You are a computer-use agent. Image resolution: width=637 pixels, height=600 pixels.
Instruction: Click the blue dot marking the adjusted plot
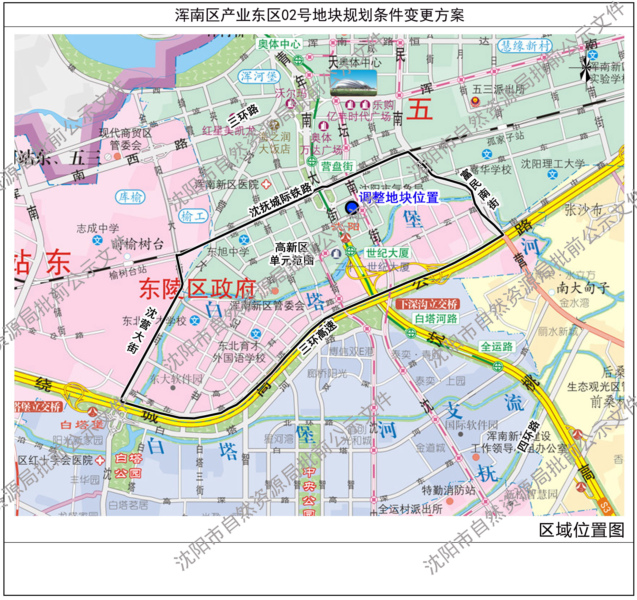(351, 208)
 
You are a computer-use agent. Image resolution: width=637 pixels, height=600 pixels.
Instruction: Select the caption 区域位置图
(581, 530)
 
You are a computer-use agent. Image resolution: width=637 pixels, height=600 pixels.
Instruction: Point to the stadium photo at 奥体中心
(353, 83)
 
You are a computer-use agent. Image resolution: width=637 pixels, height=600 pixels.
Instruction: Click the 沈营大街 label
(141, 330)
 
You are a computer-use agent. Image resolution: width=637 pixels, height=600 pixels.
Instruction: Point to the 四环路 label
(529, 437)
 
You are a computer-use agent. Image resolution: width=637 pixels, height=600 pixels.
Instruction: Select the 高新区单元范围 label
(291, 254)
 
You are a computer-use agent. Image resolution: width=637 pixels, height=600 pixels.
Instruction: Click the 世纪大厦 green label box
(387, 253)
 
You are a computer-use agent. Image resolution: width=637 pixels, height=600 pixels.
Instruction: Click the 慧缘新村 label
(525, 46)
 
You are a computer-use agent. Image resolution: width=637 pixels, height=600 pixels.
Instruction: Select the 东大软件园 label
(176, 379)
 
